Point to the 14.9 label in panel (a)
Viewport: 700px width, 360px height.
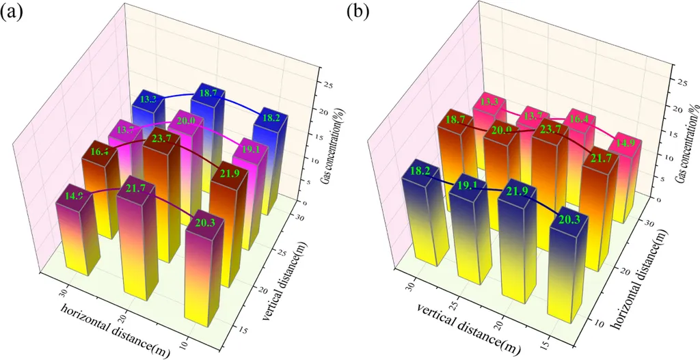click(74, 196)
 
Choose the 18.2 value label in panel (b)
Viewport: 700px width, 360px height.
click(418, 169)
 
